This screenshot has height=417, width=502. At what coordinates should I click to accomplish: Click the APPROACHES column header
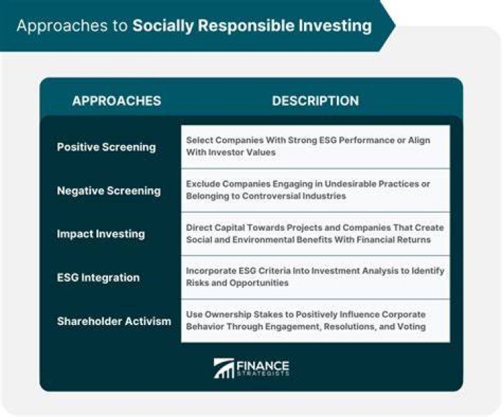pyautogui.click(x=116, y=101)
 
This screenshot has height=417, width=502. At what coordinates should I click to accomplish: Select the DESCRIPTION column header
pyautogui.click(x=315, y=101)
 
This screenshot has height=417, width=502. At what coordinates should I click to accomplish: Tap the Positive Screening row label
pyautogui.click(x=106, y=147)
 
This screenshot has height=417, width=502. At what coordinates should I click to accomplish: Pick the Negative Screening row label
pyautogui.click(x=109, y=190)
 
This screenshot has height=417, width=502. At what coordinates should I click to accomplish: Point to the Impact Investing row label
pyautogui.click(x=101, y=234)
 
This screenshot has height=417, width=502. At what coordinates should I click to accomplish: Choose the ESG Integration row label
pyautogui.click(x=98, y=278)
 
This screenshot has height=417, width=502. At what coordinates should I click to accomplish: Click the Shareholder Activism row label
pyautogui.click(x=114, y=321)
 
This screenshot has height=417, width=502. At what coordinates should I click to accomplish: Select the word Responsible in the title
pyautogui.click(x=246, y=26)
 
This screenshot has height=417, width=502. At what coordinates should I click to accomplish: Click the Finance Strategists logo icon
pyautogui.click(x=224, y=368)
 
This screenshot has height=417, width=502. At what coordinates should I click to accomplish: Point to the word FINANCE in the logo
pyautogui.click(x=263, y=366)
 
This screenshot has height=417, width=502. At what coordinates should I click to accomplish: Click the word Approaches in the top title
pyautogui.click(x=62, y=26)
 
